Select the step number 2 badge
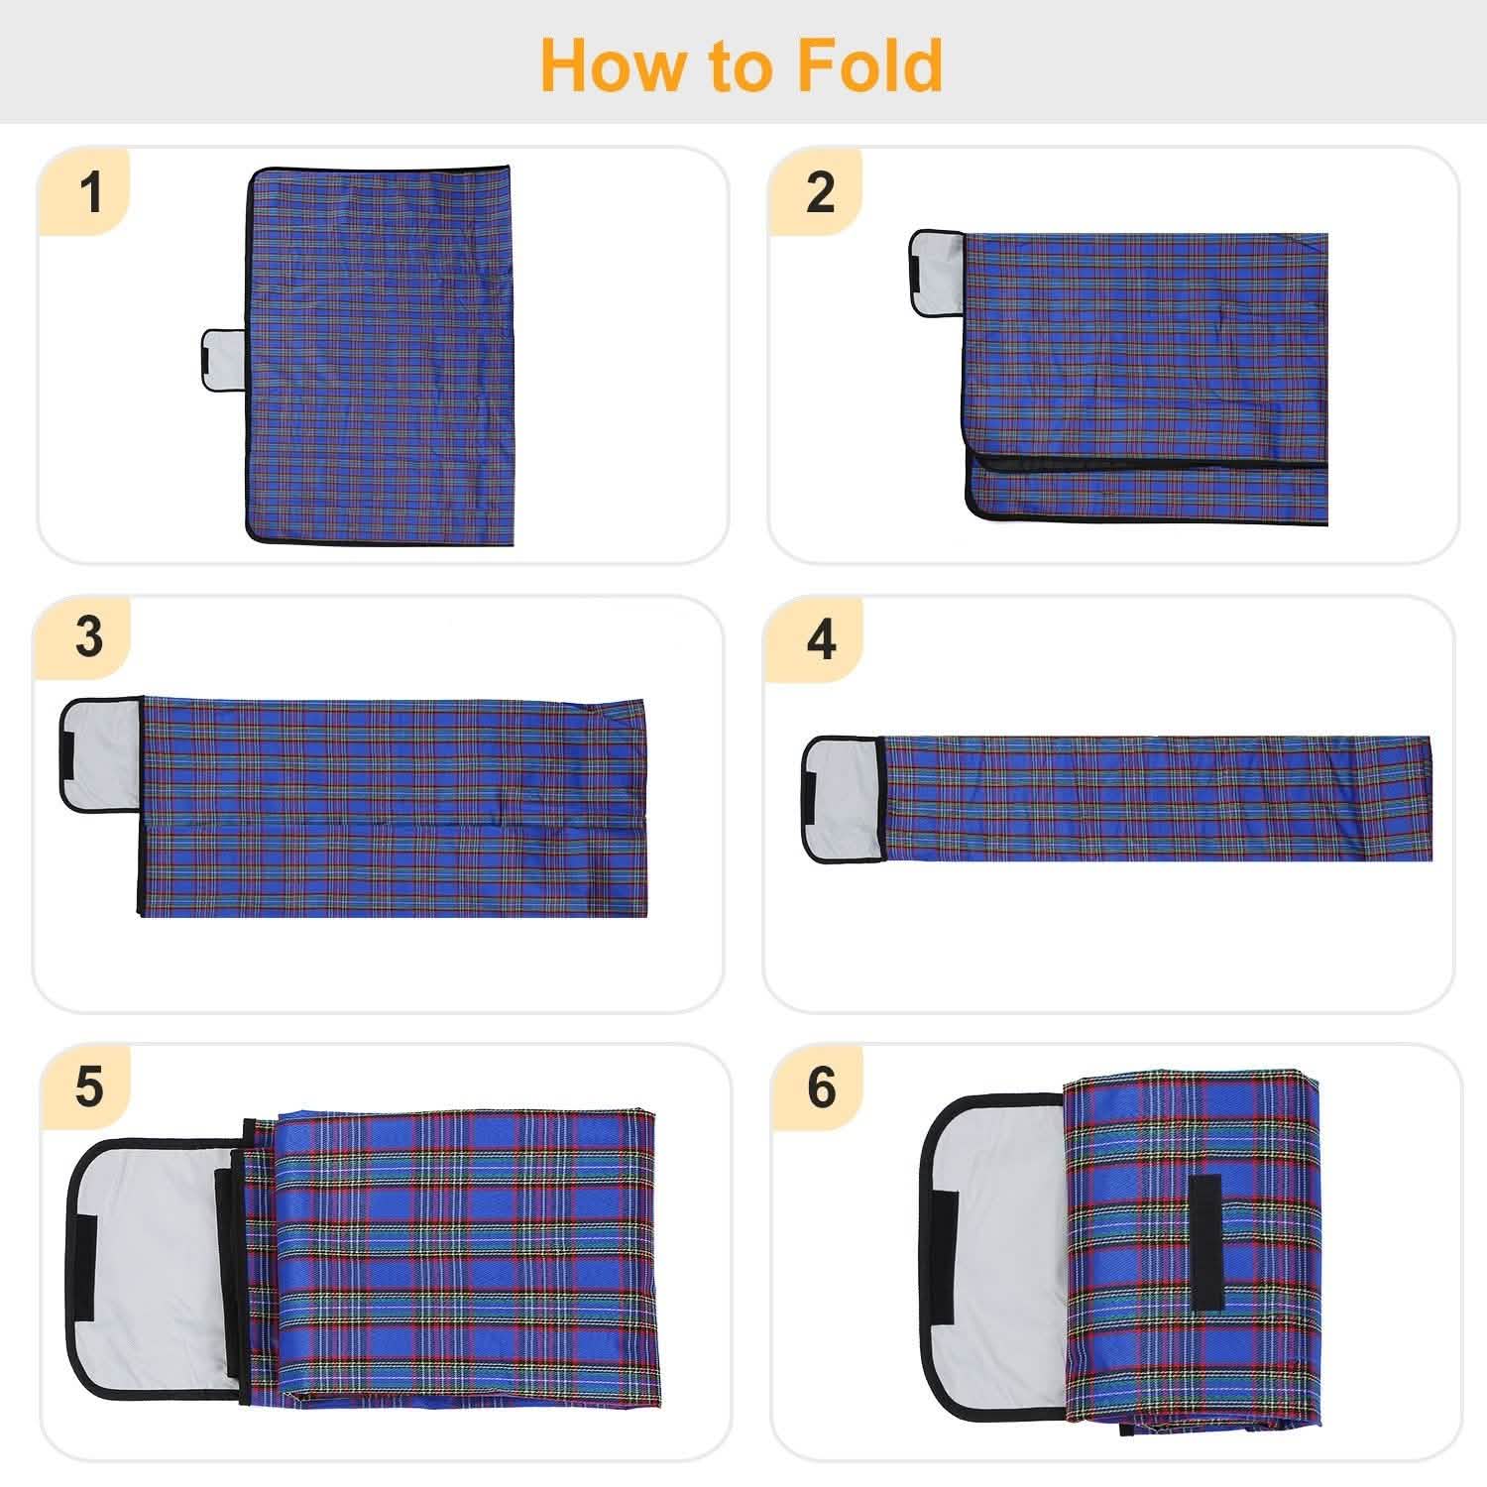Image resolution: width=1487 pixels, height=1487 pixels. tap(821, 191)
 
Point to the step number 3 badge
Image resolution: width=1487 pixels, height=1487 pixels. tap(89, 637)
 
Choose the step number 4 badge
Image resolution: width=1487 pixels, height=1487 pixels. tap(821, 639)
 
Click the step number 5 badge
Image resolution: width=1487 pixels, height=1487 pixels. tap(89, 1087)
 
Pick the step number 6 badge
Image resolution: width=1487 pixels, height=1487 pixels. tap(821, 1087)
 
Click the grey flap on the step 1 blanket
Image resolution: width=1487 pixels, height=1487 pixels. tap(223, 358)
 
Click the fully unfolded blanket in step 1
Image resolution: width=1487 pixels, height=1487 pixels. tap(382, 357)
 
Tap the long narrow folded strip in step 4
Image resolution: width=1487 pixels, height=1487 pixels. tap(1155, 798)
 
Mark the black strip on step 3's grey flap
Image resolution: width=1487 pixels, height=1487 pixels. tap(70, 753)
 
